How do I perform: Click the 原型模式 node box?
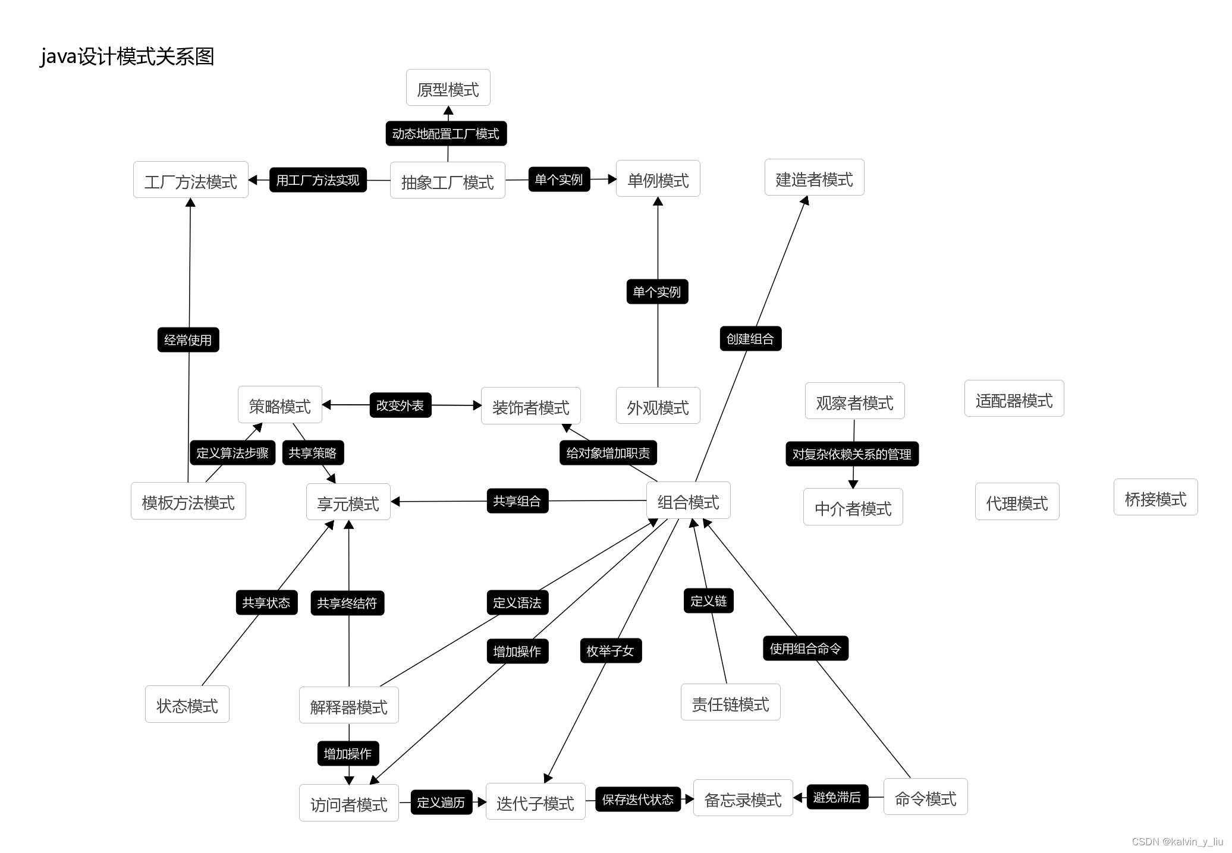448,88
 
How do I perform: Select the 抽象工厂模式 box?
447,180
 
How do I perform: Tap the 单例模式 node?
658,178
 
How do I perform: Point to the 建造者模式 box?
814,178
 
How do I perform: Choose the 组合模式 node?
688,501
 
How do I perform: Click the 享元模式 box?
348,502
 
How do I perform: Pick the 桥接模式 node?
1155,498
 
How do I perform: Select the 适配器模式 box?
1014,399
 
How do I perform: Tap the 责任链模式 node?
730,703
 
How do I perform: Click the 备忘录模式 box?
743,798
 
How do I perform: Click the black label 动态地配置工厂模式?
446,134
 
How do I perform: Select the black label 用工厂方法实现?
318,180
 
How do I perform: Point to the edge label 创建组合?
750,339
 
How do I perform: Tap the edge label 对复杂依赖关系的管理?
852,454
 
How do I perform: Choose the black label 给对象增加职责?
608,453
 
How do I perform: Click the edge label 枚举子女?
611,651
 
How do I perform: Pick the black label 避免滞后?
837,797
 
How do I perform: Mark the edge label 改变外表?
400,405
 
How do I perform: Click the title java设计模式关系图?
127,56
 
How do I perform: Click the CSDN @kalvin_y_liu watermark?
1177,842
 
